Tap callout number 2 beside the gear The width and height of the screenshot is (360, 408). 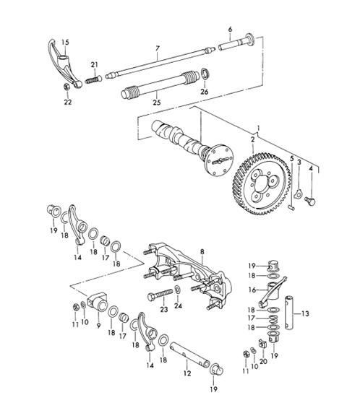tap(252, 139)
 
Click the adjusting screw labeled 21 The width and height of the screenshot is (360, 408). tap(93, 80)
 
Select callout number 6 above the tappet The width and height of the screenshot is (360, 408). tap(230, 30)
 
